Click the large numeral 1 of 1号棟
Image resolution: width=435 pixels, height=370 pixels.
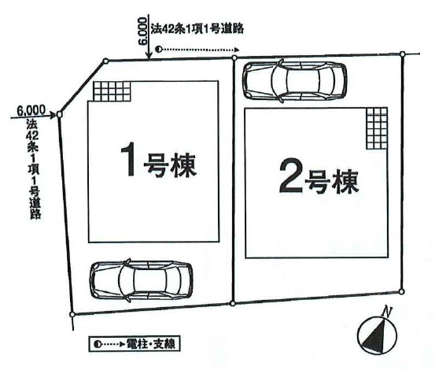(128, 159)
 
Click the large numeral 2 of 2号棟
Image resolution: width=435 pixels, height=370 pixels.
(291, 176)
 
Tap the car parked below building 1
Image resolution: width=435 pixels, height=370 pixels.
(141, 280)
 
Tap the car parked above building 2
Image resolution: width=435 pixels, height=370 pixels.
(295, 80)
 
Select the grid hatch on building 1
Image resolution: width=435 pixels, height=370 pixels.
(112, 91)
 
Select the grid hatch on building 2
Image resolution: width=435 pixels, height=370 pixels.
(377, 128)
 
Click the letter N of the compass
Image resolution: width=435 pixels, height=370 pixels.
(387, 312)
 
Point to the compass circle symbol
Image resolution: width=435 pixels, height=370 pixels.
(377, 336)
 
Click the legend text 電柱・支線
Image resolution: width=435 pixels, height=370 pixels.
(151, 344)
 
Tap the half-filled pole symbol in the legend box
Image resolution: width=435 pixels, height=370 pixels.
(97, 345)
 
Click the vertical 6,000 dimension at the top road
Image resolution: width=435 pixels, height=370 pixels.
(142, 31)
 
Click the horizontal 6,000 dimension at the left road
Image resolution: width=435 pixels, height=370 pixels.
(31, 110)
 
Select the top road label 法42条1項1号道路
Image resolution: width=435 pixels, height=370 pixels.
(197, 28)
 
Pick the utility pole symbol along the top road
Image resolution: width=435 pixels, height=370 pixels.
(158, 50)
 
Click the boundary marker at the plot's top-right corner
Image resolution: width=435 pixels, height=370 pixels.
(403, 54)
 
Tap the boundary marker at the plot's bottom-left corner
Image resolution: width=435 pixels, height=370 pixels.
(72, 314)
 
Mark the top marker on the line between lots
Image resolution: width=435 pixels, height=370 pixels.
(234, 57)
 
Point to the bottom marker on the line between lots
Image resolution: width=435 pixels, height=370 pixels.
(233, 304)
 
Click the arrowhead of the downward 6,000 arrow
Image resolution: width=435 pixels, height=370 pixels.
(149, 56)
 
